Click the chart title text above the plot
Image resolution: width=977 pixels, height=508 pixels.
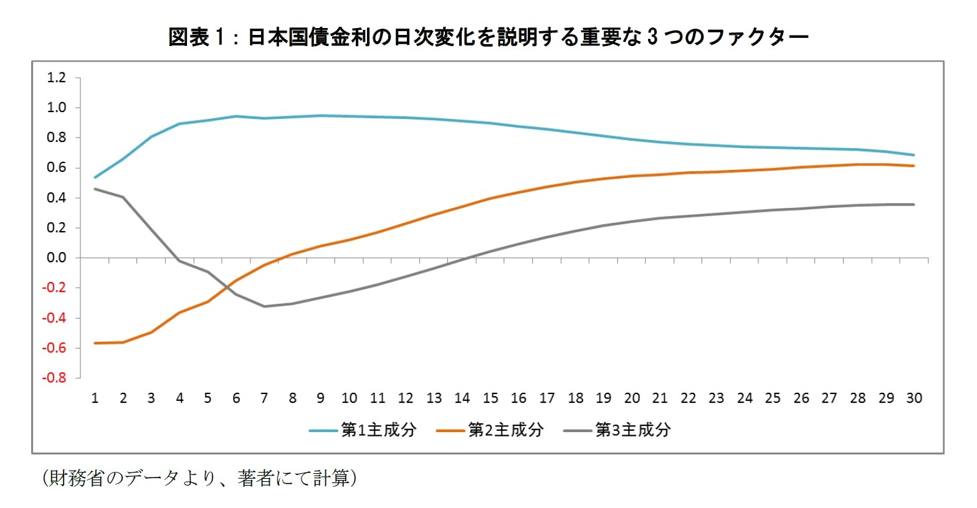tap(488, 37)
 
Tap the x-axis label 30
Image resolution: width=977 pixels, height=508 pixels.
tap(913, 398)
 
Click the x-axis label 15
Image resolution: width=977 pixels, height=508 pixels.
tap(490, 398)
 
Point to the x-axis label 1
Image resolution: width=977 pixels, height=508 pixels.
tap(95, 398)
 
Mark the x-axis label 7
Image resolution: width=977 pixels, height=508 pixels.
tap(264, 398)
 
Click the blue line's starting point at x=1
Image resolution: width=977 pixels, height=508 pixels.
tap(95, 177)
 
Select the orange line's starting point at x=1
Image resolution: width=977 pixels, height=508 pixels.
tap(95, 343)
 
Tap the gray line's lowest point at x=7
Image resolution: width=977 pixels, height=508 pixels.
tap(264, 306)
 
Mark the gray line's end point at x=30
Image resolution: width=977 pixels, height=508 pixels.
tap(913, 204)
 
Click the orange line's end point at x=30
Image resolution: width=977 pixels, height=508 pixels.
tap(913, 166)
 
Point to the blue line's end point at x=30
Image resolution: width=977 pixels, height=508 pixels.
tap(913, 155)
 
